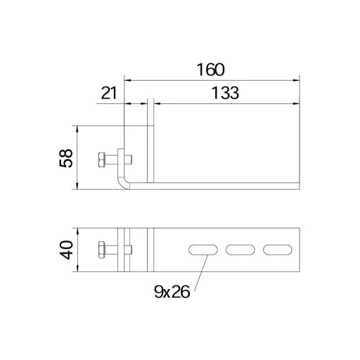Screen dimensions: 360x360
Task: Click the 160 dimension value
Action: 210,70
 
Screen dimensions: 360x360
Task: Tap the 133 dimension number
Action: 225,93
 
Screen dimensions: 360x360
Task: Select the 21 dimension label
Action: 109,93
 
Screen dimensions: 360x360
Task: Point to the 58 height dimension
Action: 66,158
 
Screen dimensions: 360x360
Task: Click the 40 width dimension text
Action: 66,250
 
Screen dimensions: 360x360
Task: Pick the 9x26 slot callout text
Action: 172,292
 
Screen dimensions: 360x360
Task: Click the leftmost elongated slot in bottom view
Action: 203,250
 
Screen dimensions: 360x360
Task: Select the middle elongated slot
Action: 240,250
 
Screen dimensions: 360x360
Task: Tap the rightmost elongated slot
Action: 278,250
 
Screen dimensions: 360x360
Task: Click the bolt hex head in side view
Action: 102,160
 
